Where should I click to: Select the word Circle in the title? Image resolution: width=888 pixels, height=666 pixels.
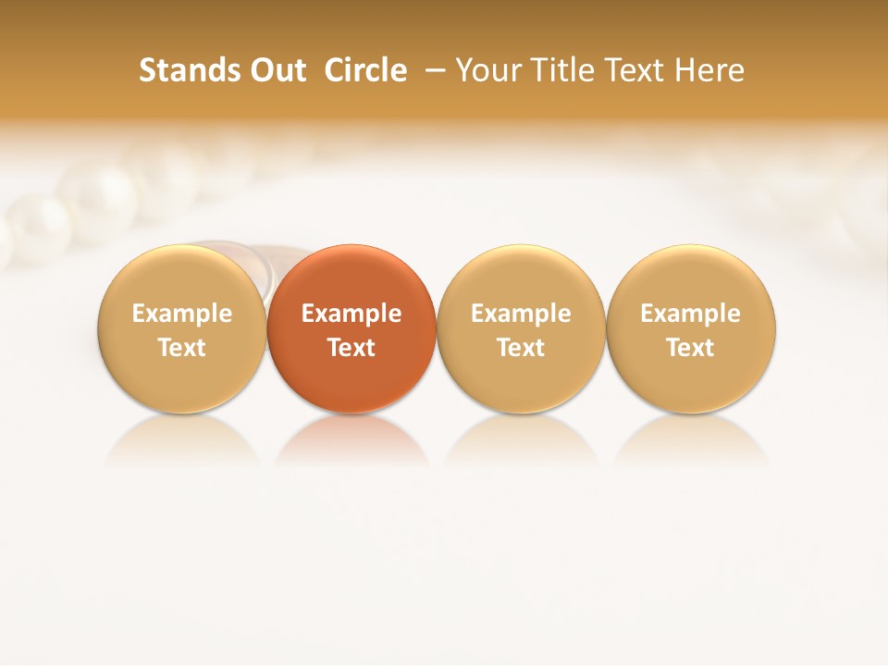tap(365, 70)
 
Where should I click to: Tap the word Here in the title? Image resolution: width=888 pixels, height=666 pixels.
tap(709, 70)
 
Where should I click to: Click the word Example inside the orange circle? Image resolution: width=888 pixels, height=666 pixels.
tap(351, 314)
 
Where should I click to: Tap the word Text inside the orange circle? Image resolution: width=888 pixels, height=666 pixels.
tap(351, 348)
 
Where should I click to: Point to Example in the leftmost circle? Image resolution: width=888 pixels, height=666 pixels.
tap(181, 314)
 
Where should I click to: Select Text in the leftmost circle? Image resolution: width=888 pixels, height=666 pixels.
tap(181, 348)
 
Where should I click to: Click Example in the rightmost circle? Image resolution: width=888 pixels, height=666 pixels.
tap(691, 314)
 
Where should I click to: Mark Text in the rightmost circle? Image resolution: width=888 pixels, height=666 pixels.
tap(691, 348)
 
